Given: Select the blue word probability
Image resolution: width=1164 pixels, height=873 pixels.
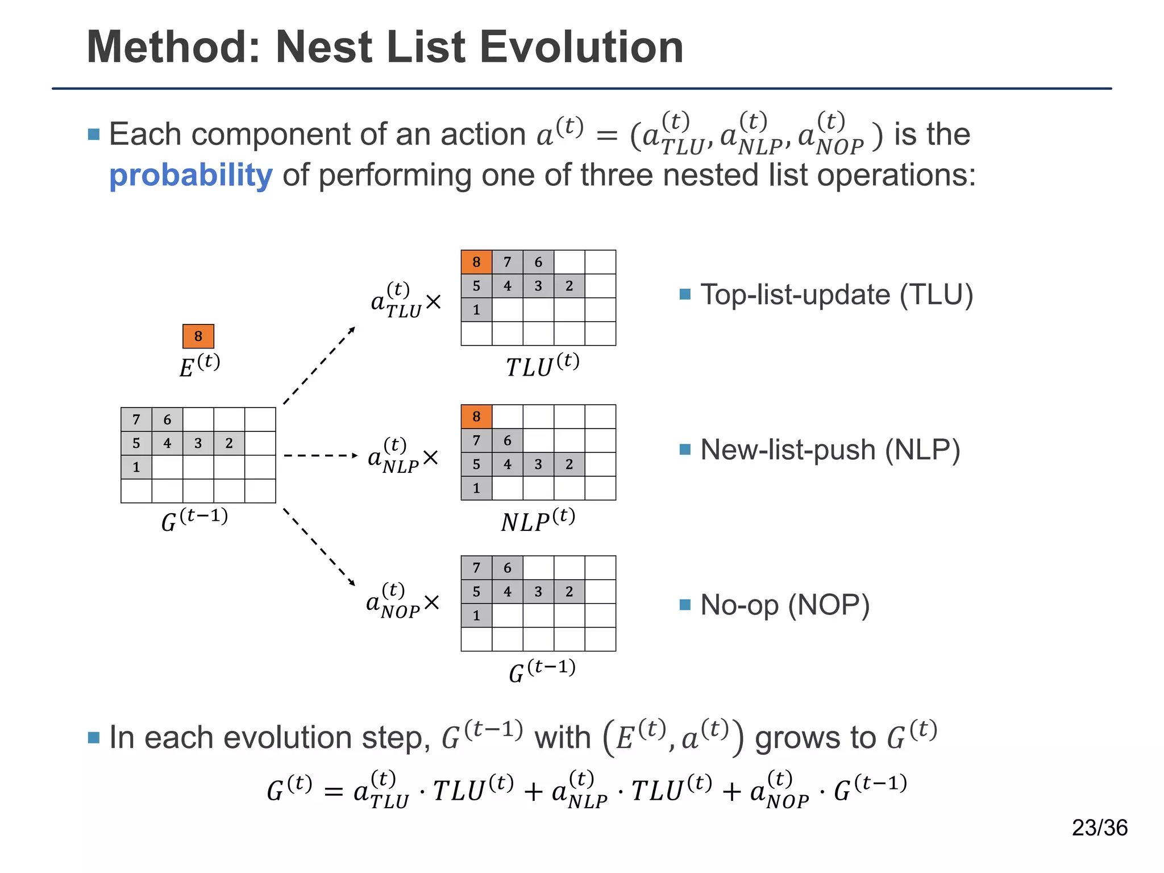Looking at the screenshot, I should click(x=190, y=176).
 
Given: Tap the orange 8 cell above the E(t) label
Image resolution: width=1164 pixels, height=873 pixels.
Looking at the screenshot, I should click(x=198, y=336).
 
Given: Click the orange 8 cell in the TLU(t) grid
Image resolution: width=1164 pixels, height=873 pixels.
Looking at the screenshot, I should click(x=476, y=262).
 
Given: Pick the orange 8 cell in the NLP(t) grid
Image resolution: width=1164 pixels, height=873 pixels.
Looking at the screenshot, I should click(x=476, y=417).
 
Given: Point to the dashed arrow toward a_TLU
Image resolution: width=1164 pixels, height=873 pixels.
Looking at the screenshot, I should click(x=319, y=366).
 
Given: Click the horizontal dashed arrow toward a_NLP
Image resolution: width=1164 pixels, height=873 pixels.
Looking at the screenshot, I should click(x=321, y=456).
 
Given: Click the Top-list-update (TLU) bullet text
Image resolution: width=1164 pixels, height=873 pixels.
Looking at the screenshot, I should click(x=836, y=295).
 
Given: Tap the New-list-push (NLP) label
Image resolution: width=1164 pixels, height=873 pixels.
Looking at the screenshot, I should click(x=830, y=450).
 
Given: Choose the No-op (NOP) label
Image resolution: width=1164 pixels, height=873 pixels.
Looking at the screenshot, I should click(x=784, y=605).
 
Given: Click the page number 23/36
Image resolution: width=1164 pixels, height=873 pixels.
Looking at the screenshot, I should click(x=1099, y=828).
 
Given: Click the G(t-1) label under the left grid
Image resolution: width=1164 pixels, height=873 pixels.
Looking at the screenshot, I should click(x=194, y=520).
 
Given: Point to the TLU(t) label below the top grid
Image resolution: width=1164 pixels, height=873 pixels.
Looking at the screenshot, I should click(x=542, y=365).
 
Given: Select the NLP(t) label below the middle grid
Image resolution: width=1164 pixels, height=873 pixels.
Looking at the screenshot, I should click(x=538, y=520).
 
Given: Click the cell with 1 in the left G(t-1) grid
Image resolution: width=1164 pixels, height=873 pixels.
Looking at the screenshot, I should click(x=136, y=467).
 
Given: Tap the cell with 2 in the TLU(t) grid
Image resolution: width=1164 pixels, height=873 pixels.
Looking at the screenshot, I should click(x=569, y=286).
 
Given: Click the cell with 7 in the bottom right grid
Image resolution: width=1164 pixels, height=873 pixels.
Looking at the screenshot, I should click(x=476, y=568).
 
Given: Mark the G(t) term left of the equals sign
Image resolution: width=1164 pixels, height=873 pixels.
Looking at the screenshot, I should click(x=289, y=789).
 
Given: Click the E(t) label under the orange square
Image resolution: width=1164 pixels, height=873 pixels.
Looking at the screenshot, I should click(x=199, y=366).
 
